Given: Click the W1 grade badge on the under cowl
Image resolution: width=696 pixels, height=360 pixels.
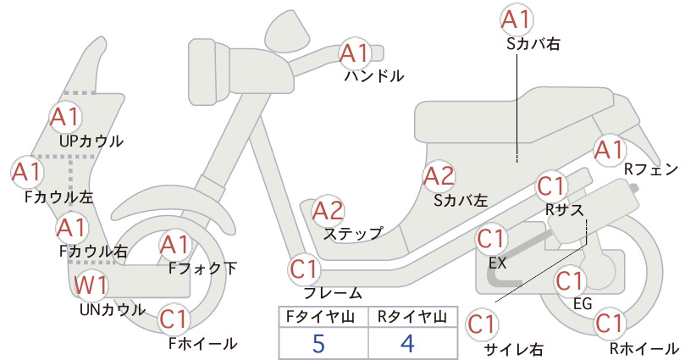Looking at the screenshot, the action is [x=91, y=285].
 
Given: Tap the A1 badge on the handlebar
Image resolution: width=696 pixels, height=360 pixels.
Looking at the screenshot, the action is [x=355, y=53].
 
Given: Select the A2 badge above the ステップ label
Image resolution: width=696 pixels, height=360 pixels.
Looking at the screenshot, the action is [x=329, y=211].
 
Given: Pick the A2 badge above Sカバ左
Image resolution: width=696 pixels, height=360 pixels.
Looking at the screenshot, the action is [x=439, y=176].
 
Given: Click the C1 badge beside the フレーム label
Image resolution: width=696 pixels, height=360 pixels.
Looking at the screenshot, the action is [x=305, y=269].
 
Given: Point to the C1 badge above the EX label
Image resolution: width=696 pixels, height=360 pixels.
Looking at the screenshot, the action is [x=491, y=239].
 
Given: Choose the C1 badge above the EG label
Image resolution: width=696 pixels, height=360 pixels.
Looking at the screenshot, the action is [x=570, y=281].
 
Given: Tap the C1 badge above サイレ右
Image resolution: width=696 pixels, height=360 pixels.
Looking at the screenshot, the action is [x=482, y=324].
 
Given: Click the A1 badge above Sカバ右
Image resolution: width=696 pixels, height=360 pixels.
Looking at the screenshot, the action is [x=516, y=20].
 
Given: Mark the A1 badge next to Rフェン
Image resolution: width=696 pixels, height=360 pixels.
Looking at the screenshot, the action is [x=610, y=150].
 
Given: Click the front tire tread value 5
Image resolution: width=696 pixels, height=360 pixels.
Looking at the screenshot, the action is [x=318, y=343].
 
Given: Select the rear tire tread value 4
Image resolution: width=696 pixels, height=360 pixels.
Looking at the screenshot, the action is [x=407, y=343].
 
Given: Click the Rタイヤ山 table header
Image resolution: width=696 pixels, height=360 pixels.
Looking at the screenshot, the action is [x=412, y=317].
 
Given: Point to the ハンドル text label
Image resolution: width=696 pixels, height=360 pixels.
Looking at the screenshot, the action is [x=374, y=76].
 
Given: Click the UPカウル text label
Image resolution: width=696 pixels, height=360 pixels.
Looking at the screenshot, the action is [x=91, y=141].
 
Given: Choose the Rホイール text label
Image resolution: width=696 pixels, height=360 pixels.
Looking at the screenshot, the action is [x=644, y=348].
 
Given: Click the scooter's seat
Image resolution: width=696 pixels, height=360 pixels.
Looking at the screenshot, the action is [x=515, y=115].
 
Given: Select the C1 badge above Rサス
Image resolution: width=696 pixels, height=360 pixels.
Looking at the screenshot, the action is [x=551, y=187].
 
